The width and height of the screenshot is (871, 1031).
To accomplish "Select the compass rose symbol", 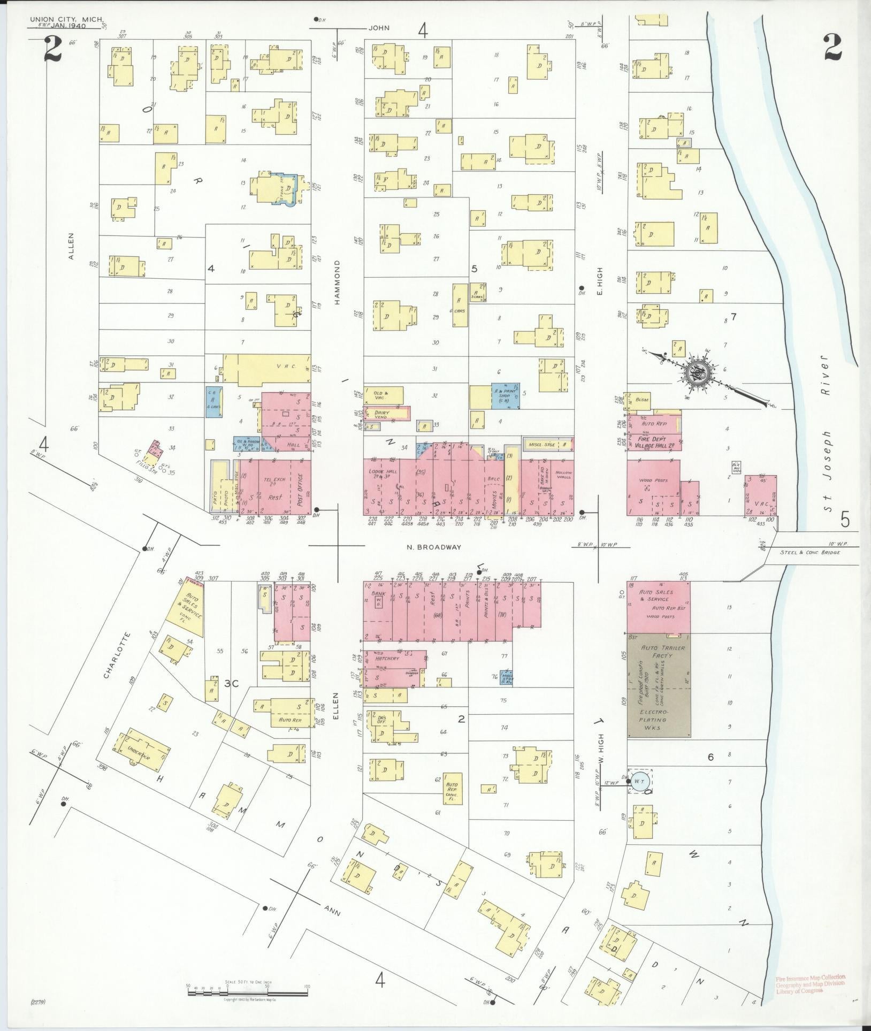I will pos(699,371).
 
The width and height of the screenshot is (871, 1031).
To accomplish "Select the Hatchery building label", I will pos(387,658).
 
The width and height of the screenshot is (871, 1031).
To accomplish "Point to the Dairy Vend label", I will pos(381,414).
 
